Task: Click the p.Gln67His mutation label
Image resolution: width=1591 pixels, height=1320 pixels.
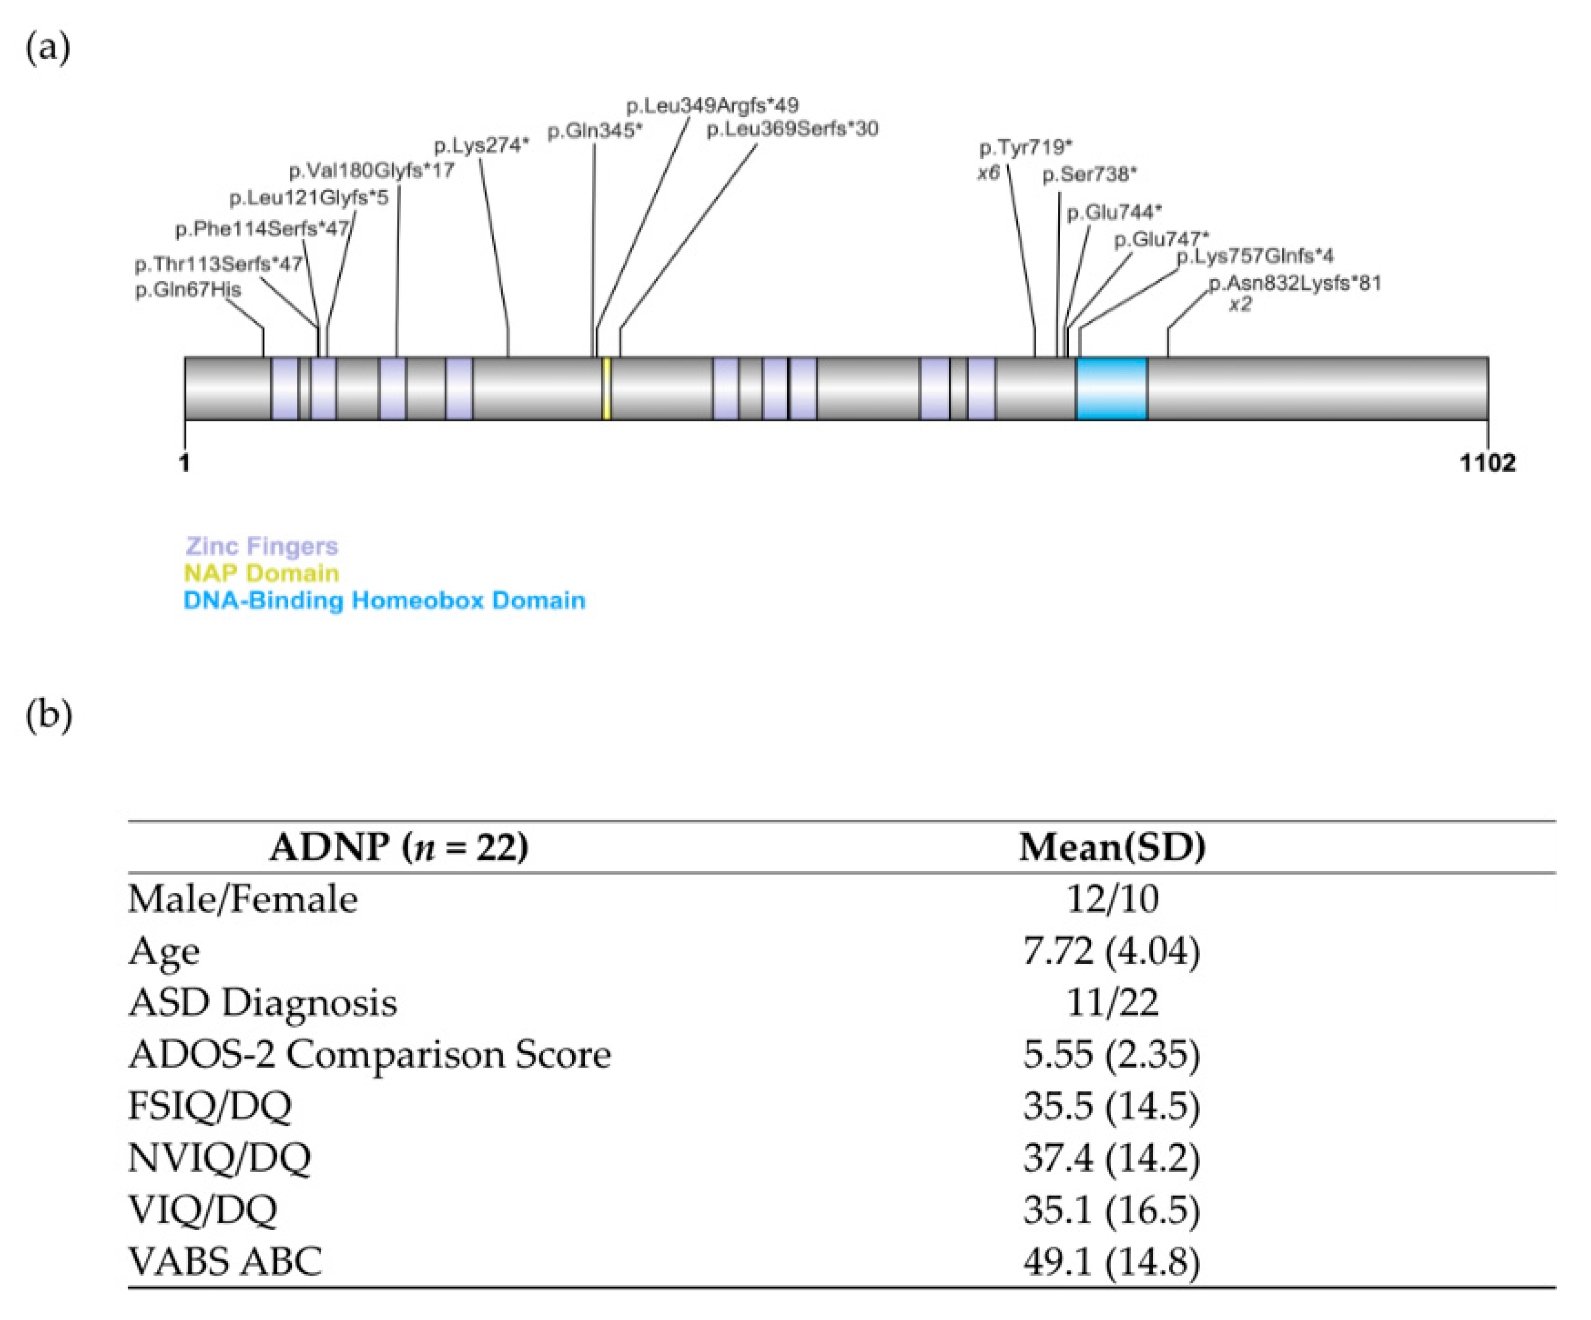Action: (188, 289)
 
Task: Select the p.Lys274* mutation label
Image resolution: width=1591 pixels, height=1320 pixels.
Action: (481, 145)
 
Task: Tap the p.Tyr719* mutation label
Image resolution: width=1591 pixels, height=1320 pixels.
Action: (1026, 147)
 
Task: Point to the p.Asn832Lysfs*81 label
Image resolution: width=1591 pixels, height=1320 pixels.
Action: (1295, 283)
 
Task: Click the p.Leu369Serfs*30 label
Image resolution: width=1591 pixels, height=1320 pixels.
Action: (792, 129)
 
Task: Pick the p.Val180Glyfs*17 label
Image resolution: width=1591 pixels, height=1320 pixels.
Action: (371, 171)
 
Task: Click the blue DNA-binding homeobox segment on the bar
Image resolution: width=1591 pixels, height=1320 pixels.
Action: (1111, 389)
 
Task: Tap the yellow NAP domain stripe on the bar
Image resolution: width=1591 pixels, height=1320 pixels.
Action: (606, 389)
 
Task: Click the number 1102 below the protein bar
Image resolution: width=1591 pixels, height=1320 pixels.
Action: (1487, 463)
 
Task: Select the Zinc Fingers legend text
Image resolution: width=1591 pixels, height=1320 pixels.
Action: (262, 547)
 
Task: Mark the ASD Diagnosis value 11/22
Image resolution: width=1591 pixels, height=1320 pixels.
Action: (1111, 1002)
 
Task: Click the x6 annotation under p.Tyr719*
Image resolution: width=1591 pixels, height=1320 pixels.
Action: (988, 173)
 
